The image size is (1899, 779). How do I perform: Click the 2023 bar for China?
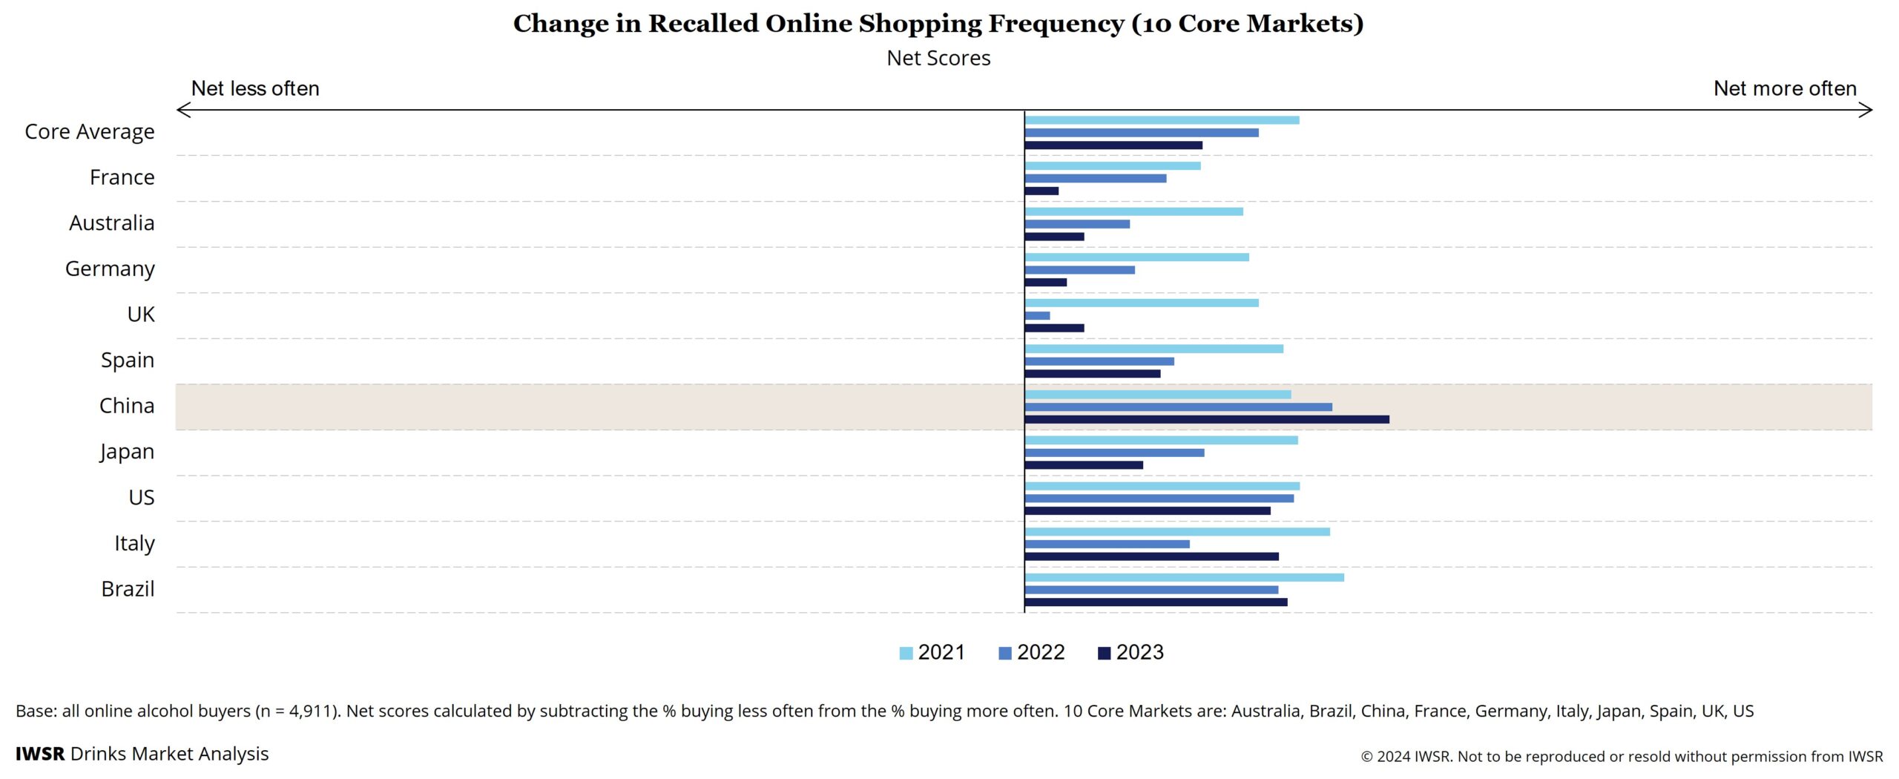pos(1207,420)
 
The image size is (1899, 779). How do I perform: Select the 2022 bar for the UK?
pos(1037,316)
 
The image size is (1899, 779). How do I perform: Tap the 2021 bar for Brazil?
pos(1184,578)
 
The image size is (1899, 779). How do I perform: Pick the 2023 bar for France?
pos(1041,191)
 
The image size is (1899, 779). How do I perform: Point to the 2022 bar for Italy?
pos(1107,545)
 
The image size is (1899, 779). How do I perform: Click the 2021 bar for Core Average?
pos(1162,120)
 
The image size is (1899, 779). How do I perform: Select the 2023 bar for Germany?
pos(1046,283)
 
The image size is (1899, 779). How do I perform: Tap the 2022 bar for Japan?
pos(1114,453)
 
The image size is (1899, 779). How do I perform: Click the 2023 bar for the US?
pos(1148,511)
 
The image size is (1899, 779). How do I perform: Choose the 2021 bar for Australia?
pos(1133,212)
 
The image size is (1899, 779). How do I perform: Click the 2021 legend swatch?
pos(906,654)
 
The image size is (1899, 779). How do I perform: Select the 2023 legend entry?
pos(1130,653)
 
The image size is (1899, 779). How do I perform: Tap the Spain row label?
pos(128,361)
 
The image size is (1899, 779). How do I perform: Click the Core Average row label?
pos(90,132)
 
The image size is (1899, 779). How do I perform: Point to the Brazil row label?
pos(128,589)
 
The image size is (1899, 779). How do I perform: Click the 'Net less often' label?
pos(255,89)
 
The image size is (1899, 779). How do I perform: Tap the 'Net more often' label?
pos(1784,89)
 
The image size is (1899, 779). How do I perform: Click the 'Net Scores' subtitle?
pos(938,59)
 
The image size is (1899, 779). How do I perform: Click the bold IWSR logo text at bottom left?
pos(40,754)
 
